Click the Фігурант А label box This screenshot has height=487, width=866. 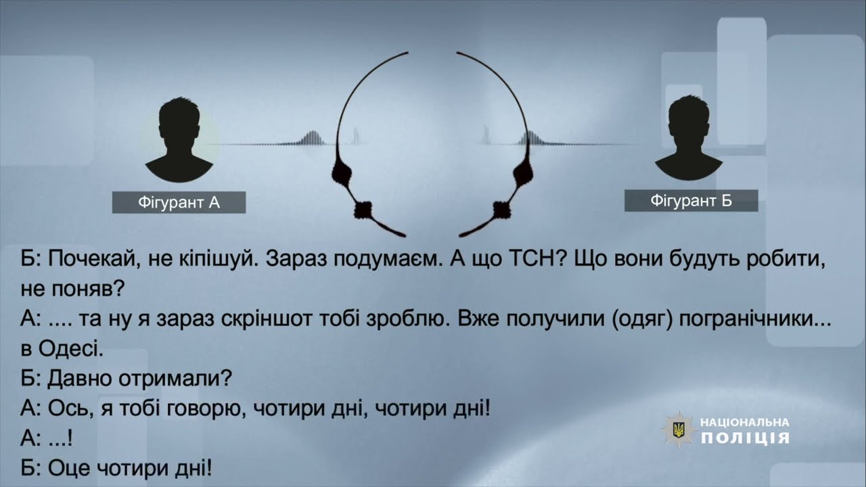point(179,202)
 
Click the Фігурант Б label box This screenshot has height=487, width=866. point(691,201)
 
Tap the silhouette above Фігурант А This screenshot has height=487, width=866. point(179,139)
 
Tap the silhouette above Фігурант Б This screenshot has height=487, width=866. point(689,138)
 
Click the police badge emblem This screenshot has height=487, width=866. point(679,430)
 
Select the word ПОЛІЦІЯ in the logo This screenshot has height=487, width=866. point(746,438)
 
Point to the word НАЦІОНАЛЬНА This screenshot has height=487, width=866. point(745,423)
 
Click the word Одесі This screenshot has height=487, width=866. point(71,350)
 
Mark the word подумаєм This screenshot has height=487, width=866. point(389,259)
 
